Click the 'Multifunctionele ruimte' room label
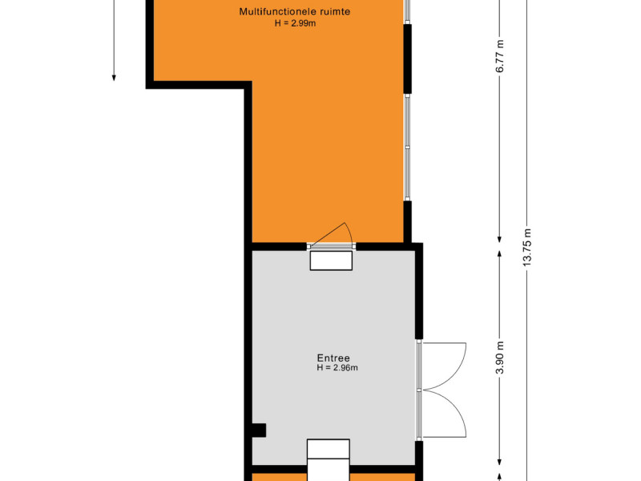294,11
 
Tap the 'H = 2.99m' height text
295,23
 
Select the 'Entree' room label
333,358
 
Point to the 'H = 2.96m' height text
337,368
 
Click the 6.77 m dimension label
499,56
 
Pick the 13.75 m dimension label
526,248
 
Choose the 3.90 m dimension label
499,357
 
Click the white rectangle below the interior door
331,261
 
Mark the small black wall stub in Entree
258,430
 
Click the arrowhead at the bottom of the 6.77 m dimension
499,239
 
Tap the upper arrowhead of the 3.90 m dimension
499,254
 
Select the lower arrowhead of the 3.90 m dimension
499,462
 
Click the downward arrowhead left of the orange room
114,77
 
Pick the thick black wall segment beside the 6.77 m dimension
408,59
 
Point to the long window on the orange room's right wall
407,148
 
